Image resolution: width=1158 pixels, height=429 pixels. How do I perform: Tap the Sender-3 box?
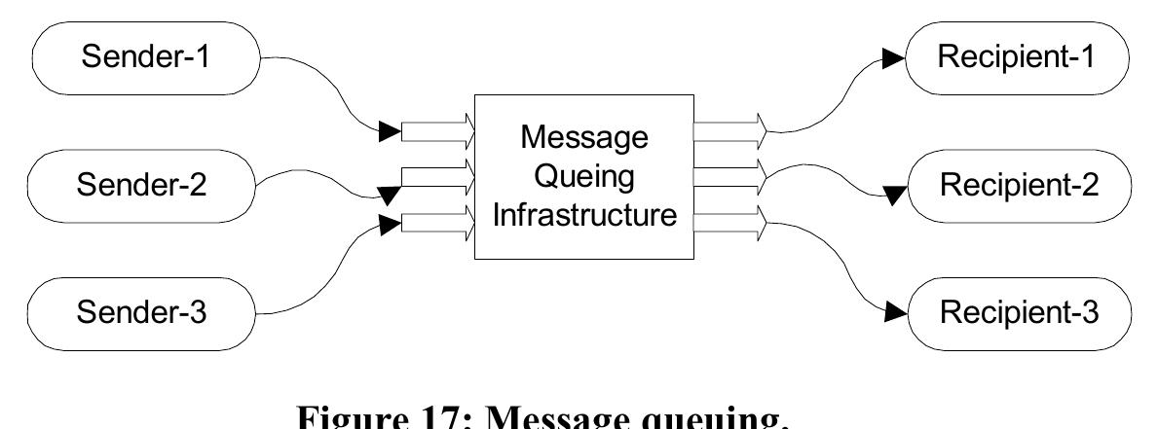tap(144, 313)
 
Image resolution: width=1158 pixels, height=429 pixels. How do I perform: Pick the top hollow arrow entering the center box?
tap(439, 129)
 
